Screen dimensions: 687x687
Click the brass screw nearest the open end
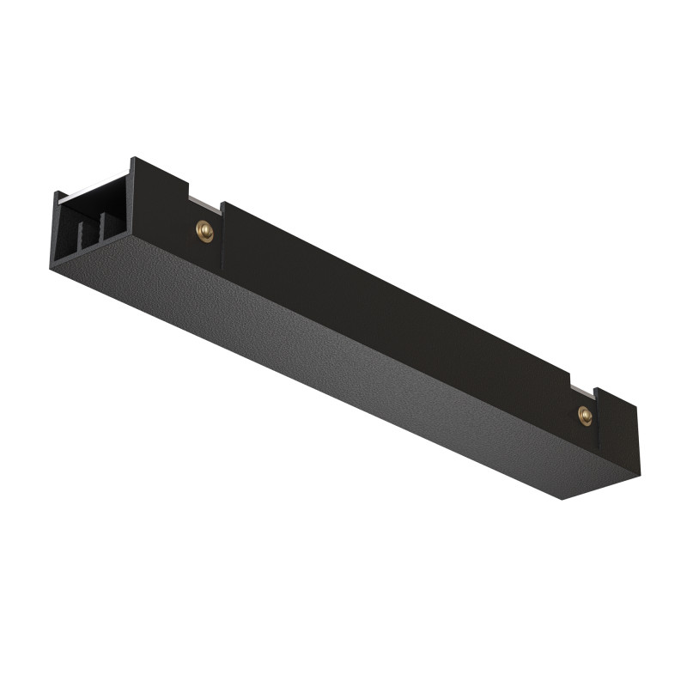(204, 229)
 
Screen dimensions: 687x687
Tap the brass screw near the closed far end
(585, 416)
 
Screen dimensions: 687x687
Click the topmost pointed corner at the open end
(132, 158)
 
